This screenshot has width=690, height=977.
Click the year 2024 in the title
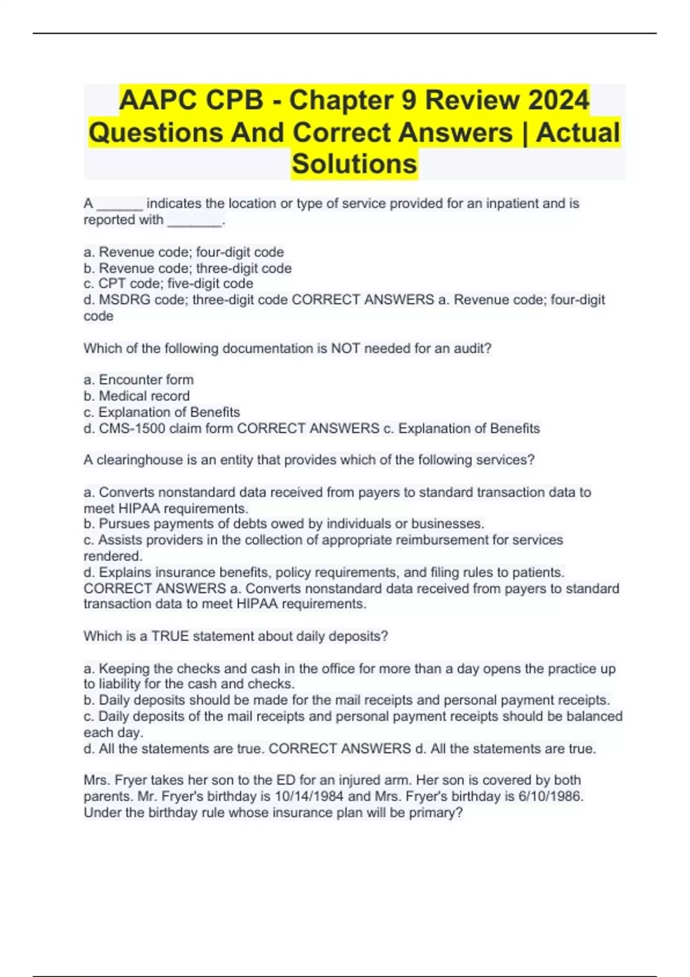point(558,101)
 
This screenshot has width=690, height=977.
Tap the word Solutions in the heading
point(354,164)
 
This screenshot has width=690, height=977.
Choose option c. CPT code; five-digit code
point(168,284)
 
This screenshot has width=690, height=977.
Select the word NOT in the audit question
point(346,348)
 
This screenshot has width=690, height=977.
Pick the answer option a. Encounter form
point(139,380)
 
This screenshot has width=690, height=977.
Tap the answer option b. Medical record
point(137,396)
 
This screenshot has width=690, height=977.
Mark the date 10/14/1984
point(310,797)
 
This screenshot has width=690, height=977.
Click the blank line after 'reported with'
point(194,221)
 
